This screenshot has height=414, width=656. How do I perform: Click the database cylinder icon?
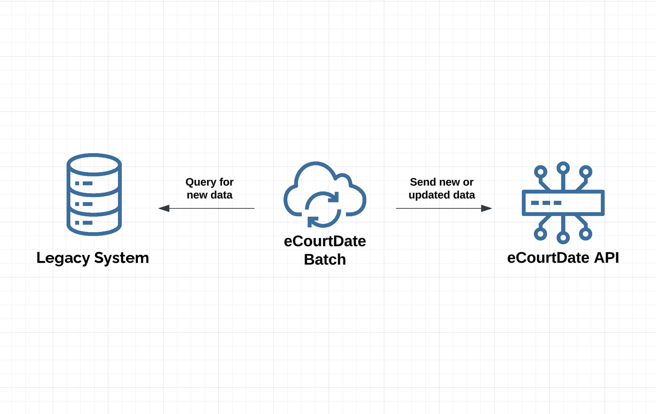[x=94, y=195]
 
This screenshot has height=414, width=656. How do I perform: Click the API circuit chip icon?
[x=563, y=203]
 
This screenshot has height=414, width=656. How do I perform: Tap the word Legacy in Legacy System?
[x=63, y=258]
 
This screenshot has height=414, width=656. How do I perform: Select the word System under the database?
[x=121, y=258]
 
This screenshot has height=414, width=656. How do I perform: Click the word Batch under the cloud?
[x=325, y=259]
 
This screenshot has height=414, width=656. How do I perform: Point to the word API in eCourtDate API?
[x=606, y=258]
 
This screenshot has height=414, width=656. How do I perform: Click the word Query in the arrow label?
[x=201, y=182]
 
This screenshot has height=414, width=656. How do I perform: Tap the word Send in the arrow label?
[x=423, y=182]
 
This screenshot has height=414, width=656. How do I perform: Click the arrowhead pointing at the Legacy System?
[x=164, y=208]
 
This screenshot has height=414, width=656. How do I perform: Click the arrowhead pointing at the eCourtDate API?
[x=486, y=208]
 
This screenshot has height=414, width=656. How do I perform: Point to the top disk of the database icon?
[x=94, y=164]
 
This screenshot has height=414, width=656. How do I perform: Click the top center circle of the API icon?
[x=563, y=168]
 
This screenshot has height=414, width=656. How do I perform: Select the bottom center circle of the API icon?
[x=563, y=237]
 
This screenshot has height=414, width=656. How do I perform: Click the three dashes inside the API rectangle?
[x=546, y=203]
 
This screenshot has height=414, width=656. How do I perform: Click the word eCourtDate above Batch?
[x=325, y=241]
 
